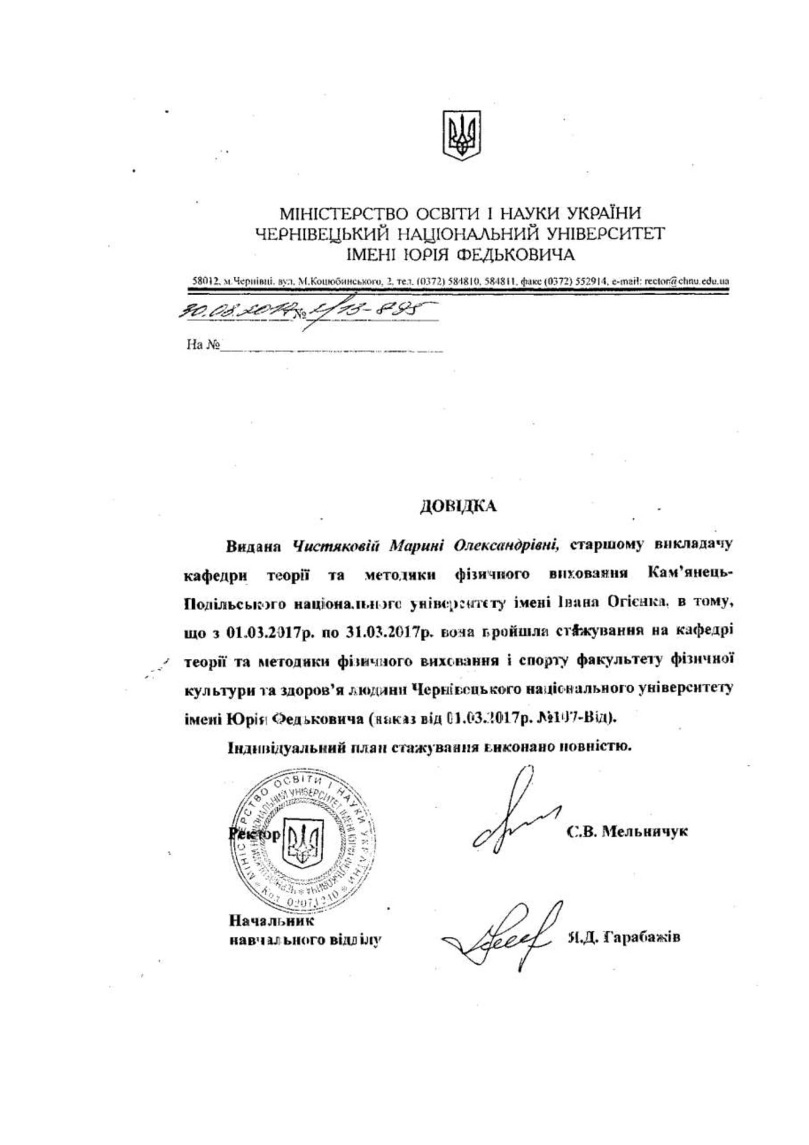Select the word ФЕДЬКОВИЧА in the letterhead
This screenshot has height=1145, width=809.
click(516, 255)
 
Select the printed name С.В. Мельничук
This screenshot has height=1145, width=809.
click(628, 831)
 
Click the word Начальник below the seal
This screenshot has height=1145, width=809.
click(271, 920)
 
